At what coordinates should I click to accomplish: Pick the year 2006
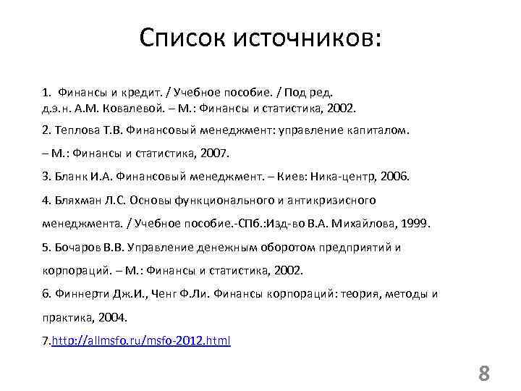click(x=396, y=176)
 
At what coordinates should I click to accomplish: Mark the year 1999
click(x=416, y=224)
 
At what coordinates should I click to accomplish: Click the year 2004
click(x=113, y=317)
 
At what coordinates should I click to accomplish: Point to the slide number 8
click(x=484, y=374)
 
